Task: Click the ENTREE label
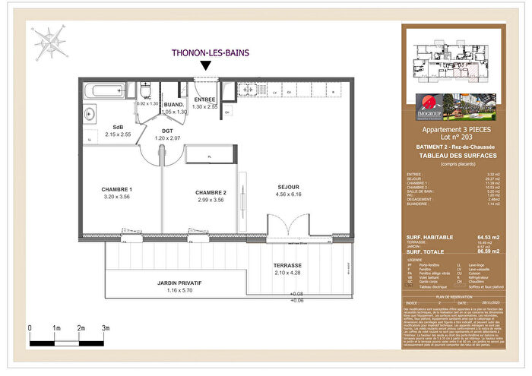pyautogui.click(x=205, y=100)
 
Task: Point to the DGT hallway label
pyautogui.click(x=168, y=131)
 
